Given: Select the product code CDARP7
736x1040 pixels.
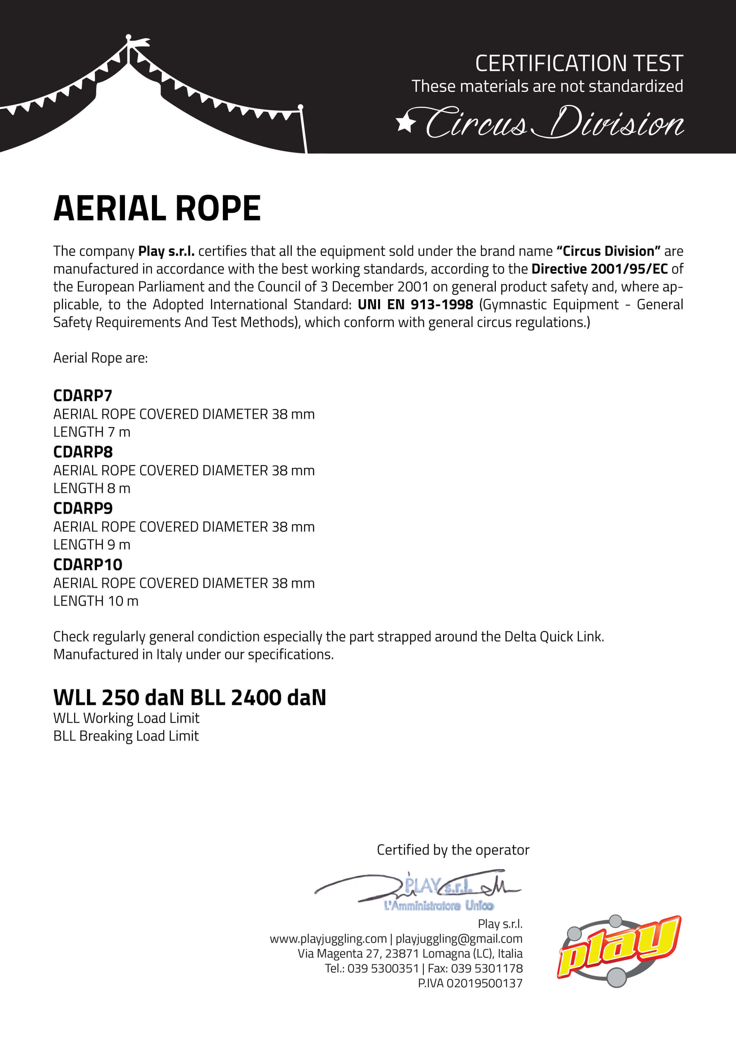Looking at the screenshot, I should [x=83, y=395].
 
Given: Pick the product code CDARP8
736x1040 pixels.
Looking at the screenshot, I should [x=83, y=452].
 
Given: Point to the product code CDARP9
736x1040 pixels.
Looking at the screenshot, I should [x=83, y=508].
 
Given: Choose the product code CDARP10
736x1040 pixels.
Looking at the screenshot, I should [x=88, y=564].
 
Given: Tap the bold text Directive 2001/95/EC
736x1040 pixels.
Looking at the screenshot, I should [x=599, y=269].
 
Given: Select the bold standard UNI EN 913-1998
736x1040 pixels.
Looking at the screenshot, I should [x=415, y=304].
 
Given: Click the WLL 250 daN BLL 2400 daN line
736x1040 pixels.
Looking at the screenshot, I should [x=189, y=697].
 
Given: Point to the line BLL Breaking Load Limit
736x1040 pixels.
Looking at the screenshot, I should [x=126, y=736].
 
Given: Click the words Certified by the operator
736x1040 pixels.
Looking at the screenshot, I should [x=453, y=850].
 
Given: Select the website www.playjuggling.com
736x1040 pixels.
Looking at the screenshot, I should [x=328, y=939].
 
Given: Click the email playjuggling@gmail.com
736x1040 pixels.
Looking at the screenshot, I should [x=459, y=939].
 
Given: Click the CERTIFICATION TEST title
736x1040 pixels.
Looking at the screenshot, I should [x=579, y=63].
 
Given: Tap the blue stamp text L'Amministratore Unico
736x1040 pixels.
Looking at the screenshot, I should [x=438, y=905].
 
